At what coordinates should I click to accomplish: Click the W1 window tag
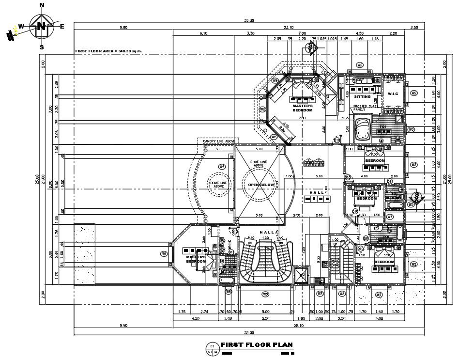point(164,253)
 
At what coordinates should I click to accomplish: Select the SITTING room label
point(362,96)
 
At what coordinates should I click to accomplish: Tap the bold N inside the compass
point(42,26)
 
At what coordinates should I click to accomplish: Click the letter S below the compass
point(42,47)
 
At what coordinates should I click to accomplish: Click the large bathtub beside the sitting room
point(362,127)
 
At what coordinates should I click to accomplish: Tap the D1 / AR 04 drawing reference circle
point(212,348)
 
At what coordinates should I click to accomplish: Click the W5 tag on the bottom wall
point(228,291)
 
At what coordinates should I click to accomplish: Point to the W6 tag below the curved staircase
point(265,294)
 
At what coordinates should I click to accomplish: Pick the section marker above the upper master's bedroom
point(310,47)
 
